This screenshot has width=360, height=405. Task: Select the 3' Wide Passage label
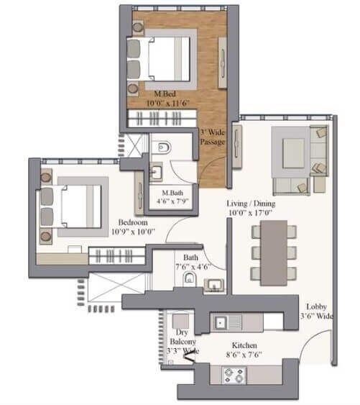click(213, 137)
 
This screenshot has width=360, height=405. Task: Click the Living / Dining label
click(251, 204)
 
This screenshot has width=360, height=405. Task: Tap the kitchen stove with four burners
click(234, 374)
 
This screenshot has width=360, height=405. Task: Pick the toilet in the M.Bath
click(164, 147)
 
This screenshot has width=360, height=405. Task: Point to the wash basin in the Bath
click(213, 286)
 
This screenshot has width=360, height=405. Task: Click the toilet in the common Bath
click(188, 280)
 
